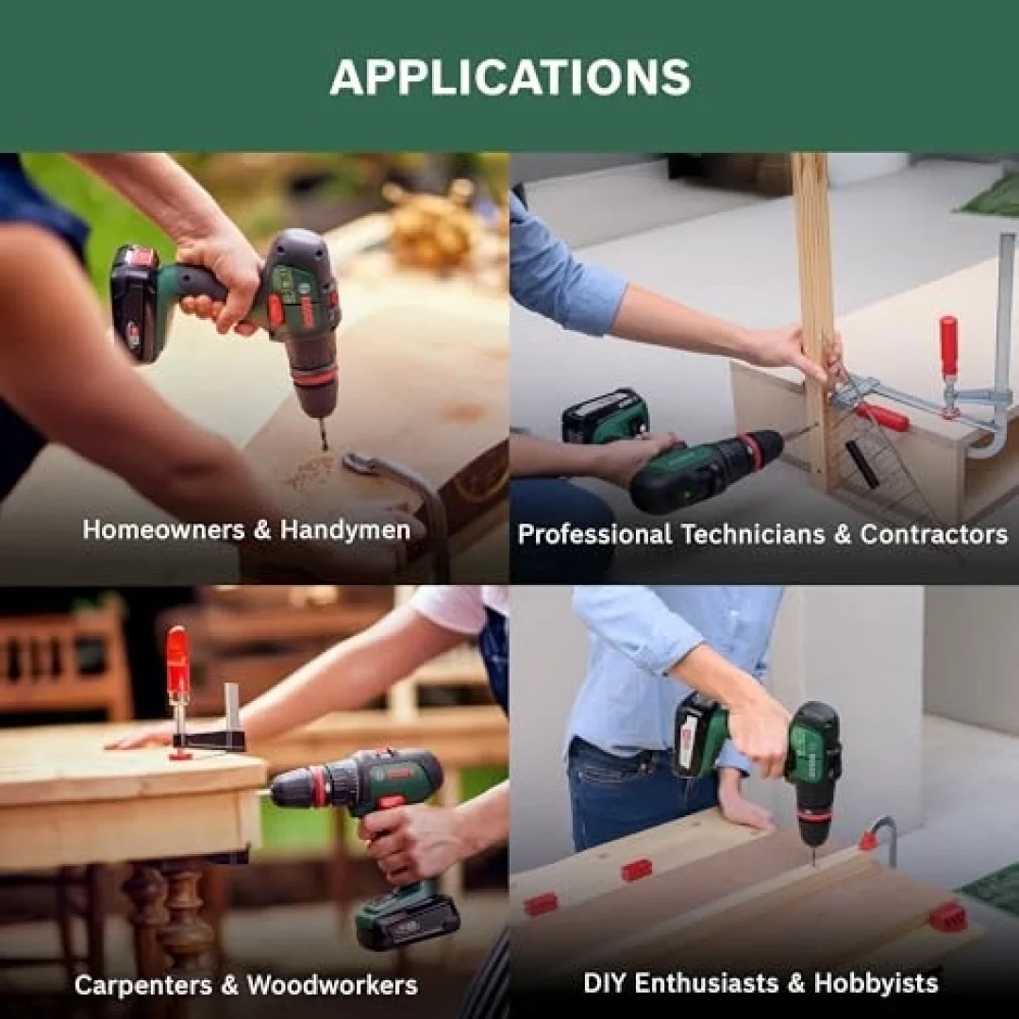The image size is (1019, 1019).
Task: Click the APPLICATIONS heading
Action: pyautogui.click(x=510, y=77)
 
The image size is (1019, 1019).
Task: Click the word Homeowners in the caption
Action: pyautogui.click(x=164, y=529)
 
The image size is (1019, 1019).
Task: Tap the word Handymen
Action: pyautogui.click(x=345, y=530)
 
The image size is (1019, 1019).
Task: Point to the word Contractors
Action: pyautogui.click(x=934, y=534)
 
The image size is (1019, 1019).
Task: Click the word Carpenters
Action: pyautogui.click(x=143, y=985)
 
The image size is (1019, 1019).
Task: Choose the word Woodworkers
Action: pyautogui.click(x=332, y=985)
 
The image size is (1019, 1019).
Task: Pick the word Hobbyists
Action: pyautogui.click(x=876, y=983)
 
